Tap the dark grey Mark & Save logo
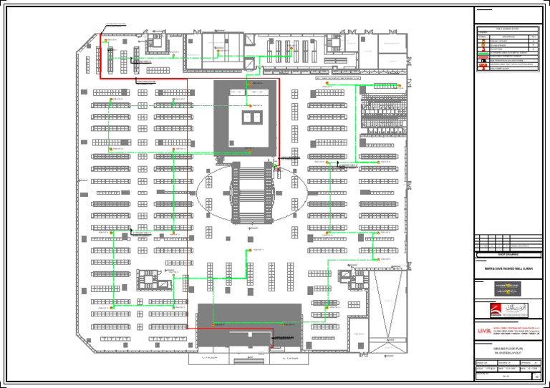[x=509, y=288]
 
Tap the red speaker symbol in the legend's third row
[x=481, y=48]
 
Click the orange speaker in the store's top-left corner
[x=105, y=42]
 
